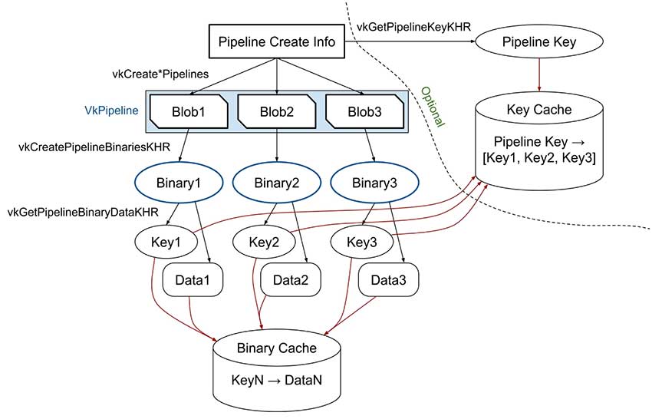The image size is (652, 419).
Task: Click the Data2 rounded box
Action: pyautogui.click(x=289, y=281)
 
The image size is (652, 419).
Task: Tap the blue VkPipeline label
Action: pyautogui.click(x=111, y=111)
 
